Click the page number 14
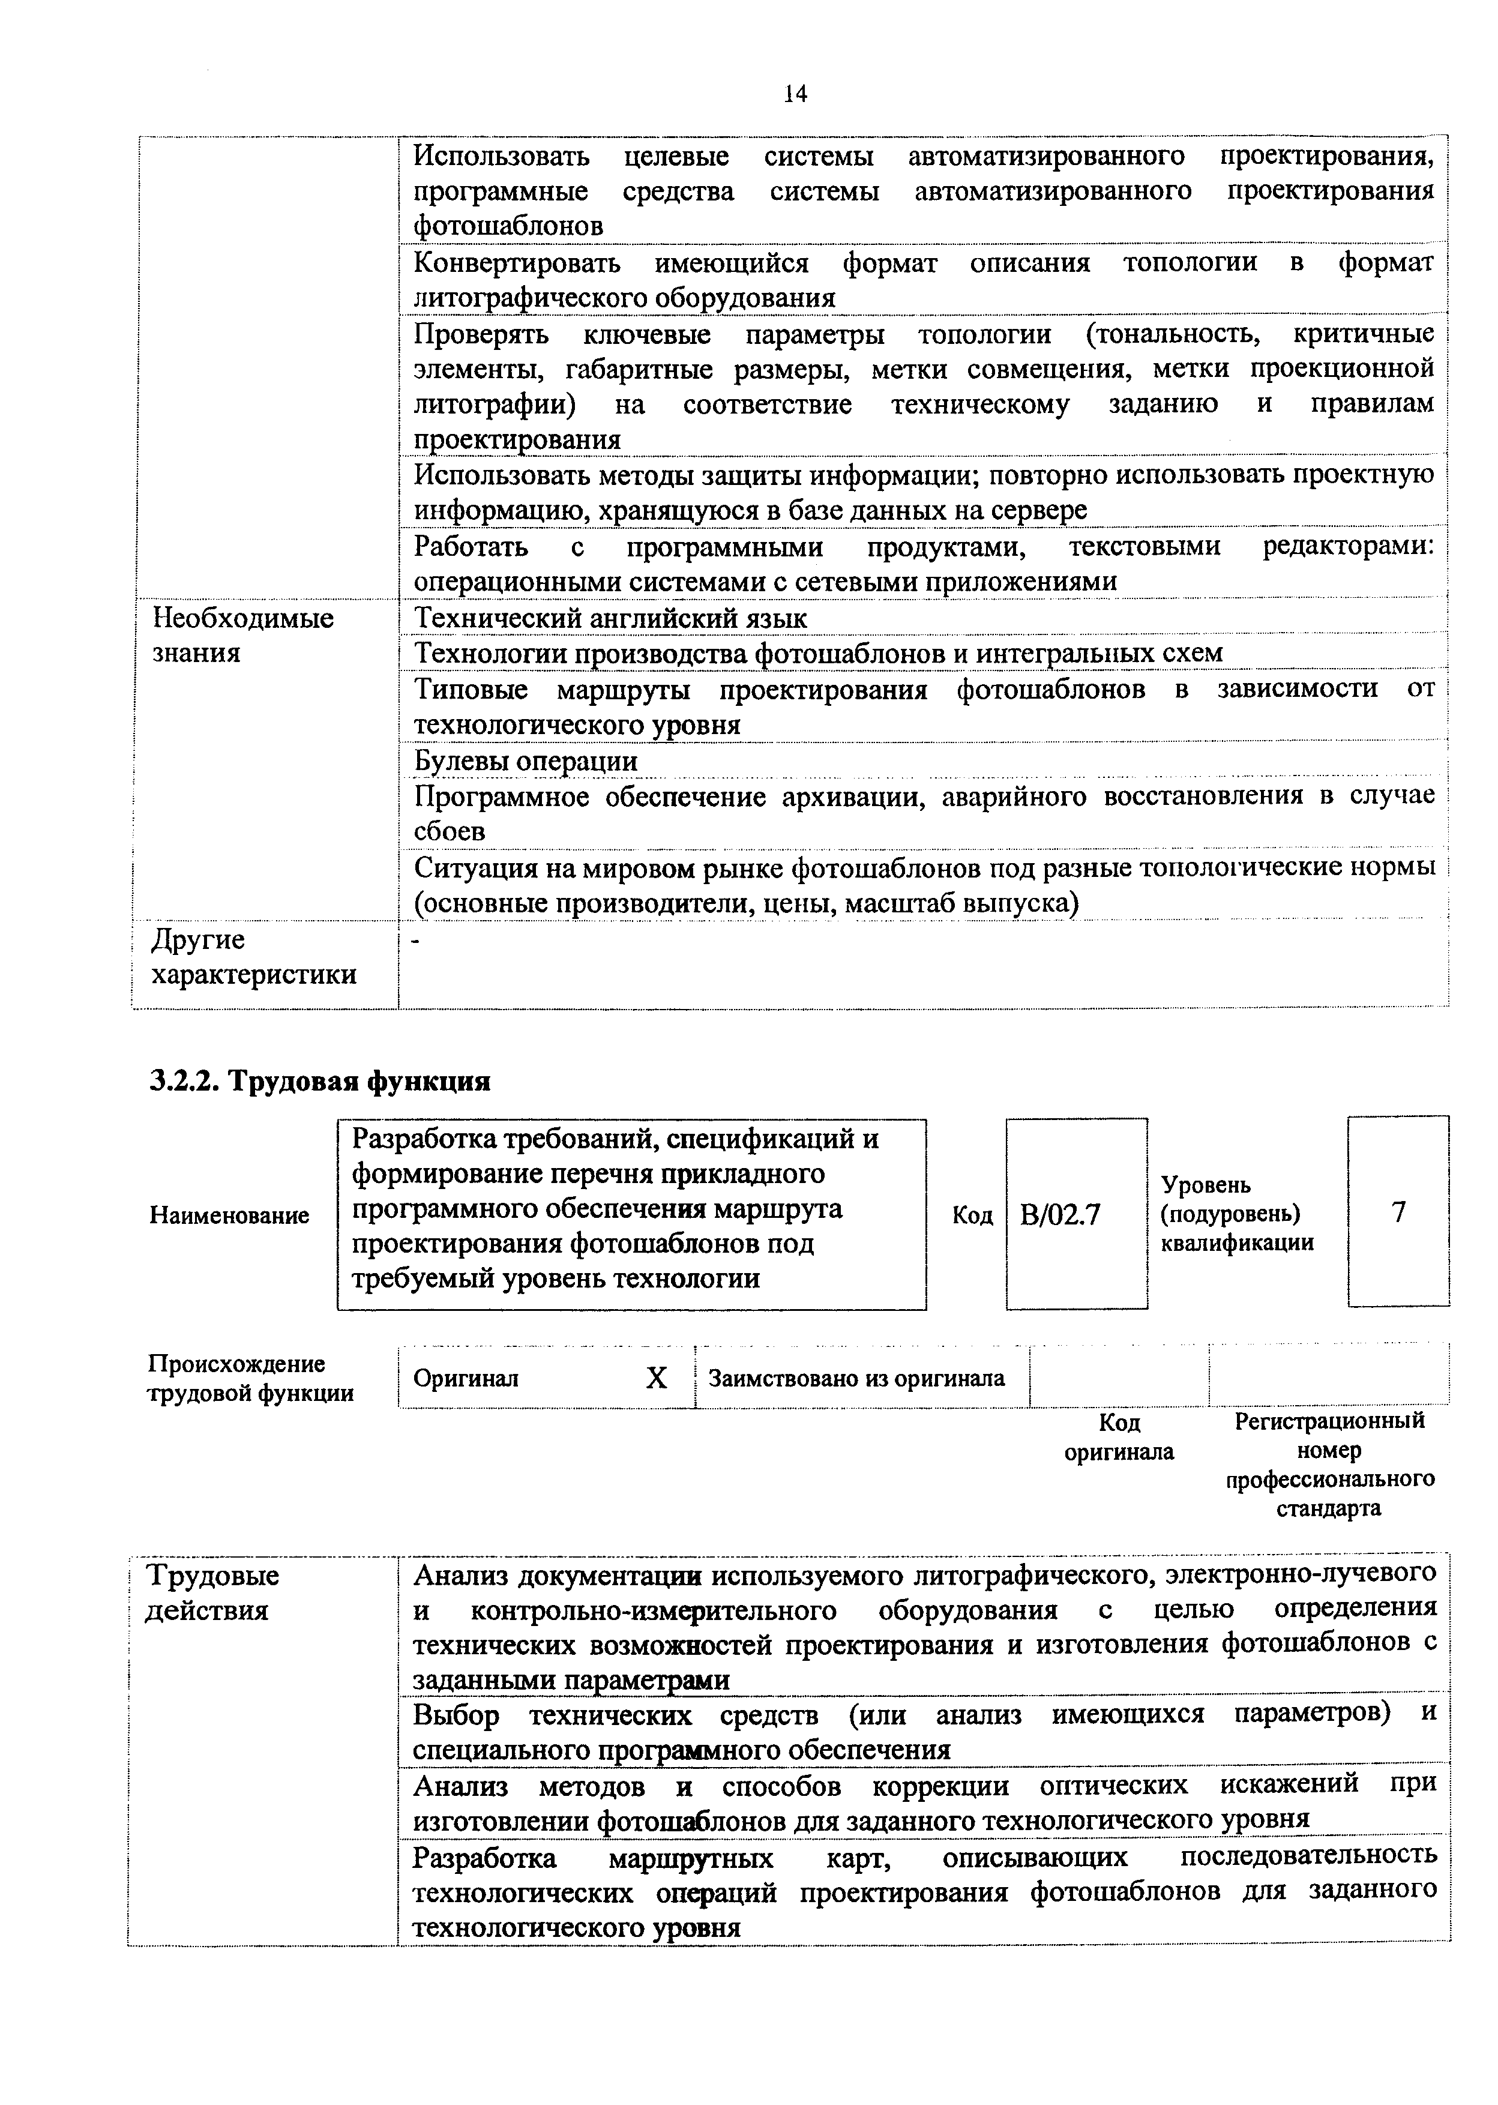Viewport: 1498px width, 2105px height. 795,93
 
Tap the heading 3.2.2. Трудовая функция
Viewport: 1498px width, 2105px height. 319,1080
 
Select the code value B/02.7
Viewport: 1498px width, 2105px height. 1060,1215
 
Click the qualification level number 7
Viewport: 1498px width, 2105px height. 1398,1212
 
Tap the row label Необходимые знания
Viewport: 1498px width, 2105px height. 242,634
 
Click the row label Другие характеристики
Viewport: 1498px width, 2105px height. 254,957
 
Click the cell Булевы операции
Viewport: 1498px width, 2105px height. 525,761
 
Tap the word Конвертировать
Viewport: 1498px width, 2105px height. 517,263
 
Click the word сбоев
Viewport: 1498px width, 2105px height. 449,831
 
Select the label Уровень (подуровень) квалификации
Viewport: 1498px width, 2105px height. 1236,1214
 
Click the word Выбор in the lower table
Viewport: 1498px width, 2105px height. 457,1714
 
